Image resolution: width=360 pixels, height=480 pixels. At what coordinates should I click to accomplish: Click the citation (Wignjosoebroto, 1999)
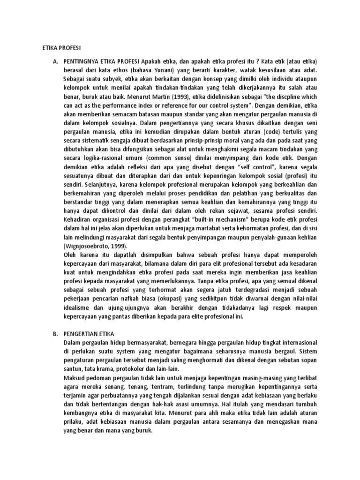[x=96, y=246]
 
